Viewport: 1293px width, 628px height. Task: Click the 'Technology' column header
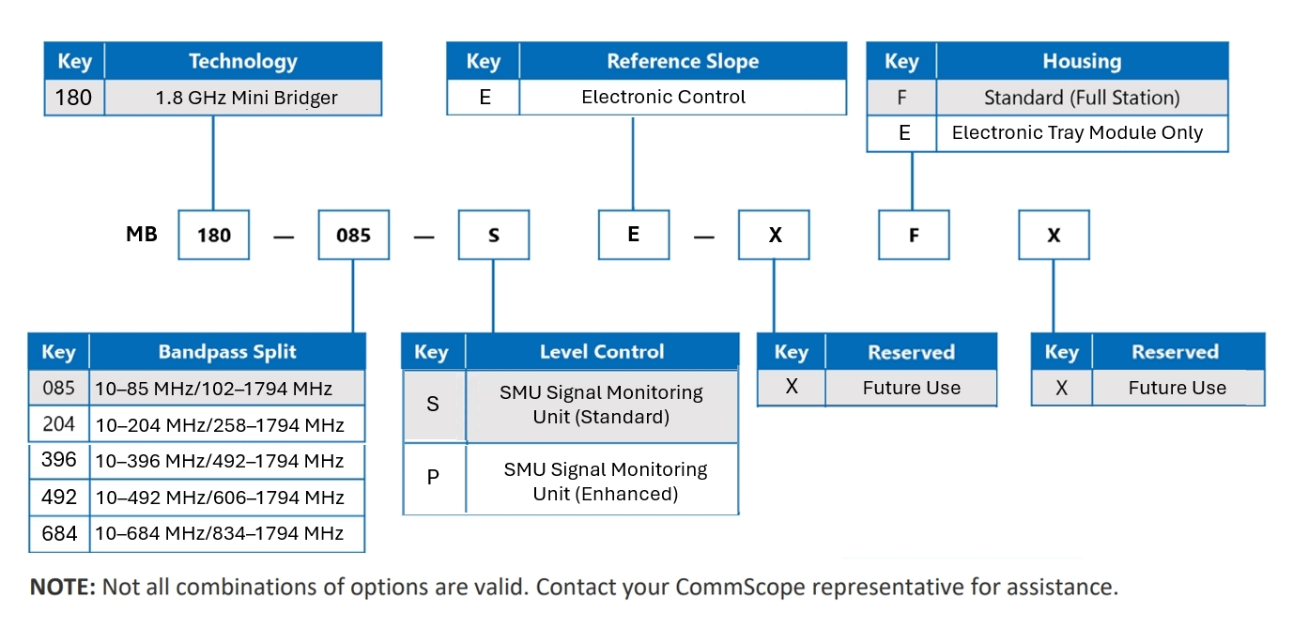click(243, 61)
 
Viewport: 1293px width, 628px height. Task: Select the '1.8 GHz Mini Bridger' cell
click(243, 97)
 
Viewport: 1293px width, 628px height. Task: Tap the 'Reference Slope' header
click(683, 61)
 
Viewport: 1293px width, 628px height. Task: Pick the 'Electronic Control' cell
click(683, 97)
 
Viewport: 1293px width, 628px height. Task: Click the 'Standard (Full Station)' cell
click(1082, 97)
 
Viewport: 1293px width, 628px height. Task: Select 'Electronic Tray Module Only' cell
click(1082, 132)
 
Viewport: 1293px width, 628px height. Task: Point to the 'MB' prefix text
click(142, 235)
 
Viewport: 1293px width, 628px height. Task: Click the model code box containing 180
click(213, 235)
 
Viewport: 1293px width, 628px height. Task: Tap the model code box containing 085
click(354, 235)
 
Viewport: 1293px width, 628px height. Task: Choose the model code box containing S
click(494, 235)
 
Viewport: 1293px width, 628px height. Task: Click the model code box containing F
click(914, 235)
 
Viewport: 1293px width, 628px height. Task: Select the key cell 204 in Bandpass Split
click(59, 424)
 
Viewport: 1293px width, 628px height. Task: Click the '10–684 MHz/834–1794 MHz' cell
click(227, 533)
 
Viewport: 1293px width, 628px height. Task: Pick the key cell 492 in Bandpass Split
click(59, 497)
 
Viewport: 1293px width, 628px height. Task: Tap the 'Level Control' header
click(602, 351)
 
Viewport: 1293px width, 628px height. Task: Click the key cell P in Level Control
click(434, 478)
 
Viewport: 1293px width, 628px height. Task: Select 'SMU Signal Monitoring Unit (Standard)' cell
click(602, 406)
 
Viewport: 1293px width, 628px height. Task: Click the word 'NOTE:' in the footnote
click(62, 587)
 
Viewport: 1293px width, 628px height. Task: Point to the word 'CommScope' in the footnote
click(740, 587)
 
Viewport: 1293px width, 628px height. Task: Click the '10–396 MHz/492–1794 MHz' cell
click(227, 461)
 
